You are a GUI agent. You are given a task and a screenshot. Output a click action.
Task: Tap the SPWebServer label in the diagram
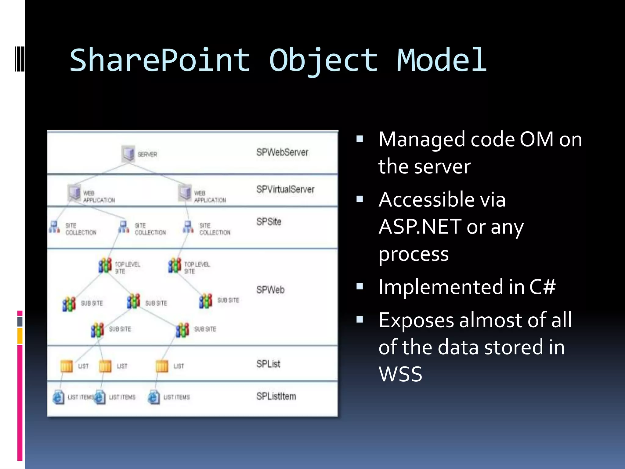(282, 152)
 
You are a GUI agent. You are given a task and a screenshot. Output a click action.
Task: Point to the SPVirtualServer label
(285, 189)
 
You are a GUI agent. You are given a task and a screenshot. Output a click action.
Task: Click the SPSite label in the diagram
(269, 222)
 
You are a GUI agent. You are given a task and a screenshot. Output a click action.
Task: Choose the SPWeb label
(270, 289)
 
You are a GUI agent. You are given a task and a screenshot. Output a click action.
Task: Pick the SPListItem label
(276, 396)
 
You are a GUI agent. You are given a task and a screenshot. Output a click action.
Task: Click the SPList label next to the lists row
(268, 364)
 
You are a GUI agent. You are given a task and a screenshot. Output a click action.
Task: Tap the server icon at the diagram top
(128, 154)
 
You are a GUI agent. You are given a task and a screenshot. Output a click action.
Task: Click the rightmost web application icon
(185, 192)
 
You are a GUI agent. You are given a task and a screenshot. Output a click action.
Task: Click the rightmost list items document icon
(154, 397)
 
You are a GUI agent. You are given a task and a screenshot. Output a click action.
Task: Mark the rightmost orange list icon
(162, 366)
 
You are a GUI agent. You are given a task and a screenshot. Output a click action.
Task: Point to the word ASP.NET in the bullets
(420, 227)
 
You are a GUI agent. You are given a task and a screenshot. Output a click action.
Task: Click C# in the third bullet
(542, 287)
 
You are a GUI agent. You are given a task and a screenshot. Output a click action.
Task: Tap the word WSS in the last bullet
(400, 374)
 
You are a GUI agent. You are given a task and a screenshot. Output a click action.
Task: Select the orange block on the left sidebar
(20, 336)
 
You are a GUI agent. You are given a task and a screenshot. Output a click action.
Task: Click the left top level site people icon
(105, 265)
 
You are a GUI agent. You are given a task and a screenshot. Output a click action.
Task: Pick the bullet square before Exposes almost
(360, 320)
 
